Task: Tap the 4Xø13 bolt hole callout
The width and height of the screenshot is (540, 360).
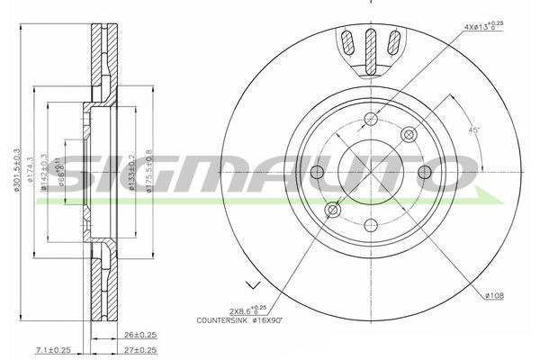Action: pos(481,27)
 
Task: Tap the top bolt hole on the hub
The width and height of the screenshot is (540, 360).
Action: pos(371,118)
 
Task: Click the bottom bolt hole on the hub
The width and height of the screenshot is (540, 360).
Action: pos(371,225)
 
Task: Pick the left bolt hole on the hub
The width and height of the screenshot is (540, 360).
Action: pos(317,172)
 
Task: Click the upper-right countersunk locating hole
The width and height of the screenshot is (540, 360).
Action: pos(409,134)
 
